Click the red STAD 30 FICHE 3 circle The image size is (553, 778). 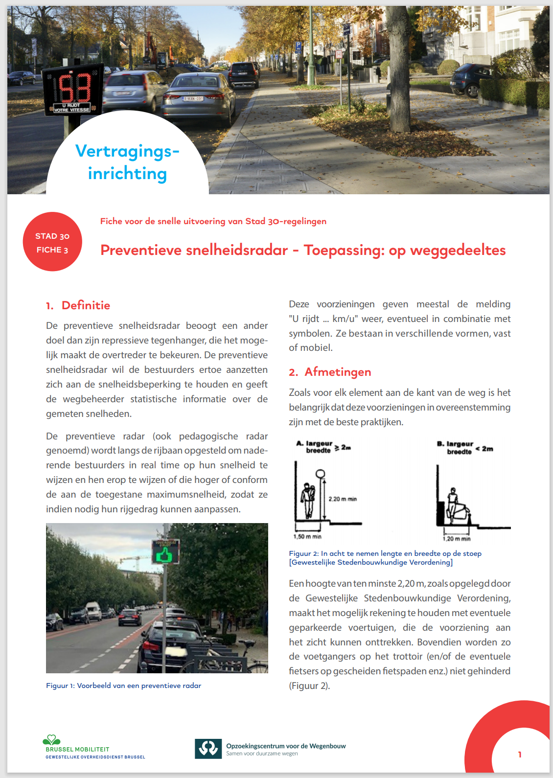click(52, 242)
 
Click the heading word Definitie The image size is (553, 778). click(86, 305)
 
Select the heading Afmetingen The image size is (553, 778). click(338, 372)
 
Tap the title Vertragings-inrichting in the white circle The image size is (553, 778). click(127, 162)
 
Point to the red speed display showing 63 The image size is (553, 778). click(74, 88)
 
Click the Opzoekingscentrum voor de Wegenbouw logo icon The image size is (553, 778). click(208, 749)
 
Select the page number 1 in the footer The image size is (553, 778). click(520, 755)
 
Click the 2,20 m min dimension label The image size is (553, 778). click(343, 499)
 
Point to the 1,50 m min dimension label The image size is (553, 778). click(307, 537)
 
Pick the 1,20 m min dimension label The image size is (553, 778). click(457, 539)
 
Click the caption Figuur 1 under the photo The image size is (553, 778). click(123, 686)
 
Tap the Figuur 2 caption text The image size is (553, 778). click(385, 558)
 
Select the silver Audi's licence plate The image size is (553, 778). click(193, 99)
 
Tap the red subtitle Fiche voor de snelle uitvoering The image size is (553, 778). click(213, 221)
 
